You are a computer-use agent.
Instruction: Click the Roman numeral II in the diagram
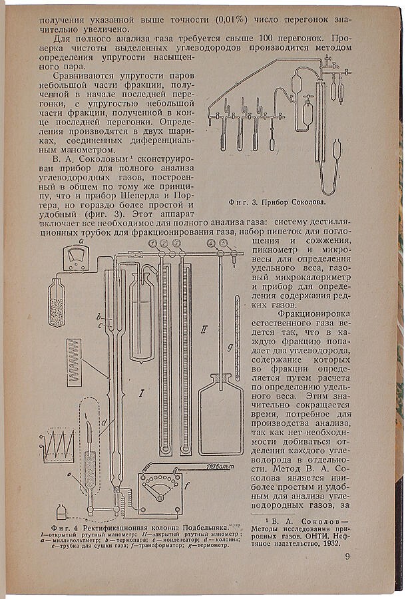205,328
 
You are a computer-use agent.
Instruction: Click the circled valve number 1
152,244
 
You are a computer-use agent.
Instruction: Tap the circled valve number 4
211,244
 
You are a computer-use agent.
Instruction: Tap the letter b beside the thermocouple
97,315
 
